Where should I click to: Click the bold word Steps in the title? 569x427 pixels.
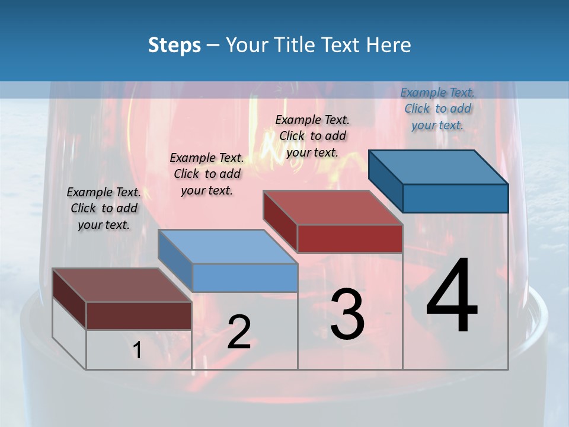(174, 45)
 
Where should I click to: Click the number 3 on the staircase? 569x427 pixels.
(347, 314)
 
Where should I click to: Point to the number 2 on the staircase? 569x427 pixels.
(239, 332)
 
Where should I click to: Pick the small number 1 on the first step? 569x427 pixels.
(138, 350)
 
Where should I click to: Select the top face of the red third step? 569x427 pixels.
(333, 208)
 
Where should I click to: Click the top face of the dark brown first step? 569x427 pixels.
(122, 285)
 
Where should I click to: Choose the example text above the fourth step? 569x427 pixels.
(437, 109)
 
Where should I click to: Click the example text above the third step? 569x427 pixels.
(312, 136)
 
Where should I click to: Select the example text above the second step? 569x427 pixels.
(207, 174)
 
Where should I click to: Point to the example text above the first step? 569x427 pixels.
(104, 208)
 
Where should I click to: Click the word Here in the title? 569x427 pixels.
(389, 45)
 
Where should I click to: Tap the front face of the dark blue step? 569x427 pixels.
(455, 198)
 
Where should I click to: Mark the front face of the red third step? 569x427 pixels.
(350, 238)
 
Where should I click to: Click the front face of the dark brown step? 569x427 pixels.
(139, 316)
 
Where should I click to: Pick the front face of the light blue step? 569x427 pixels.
(245, 278)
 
